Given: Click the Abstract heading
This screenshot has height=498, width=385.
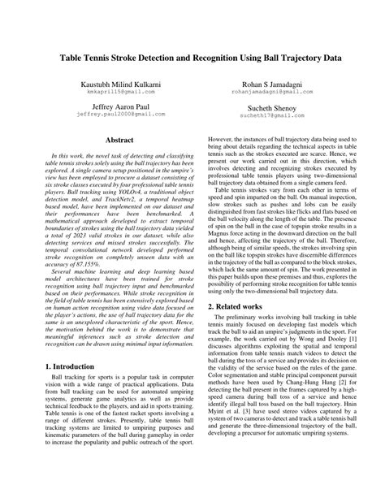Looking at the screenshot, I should point(108,141).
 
